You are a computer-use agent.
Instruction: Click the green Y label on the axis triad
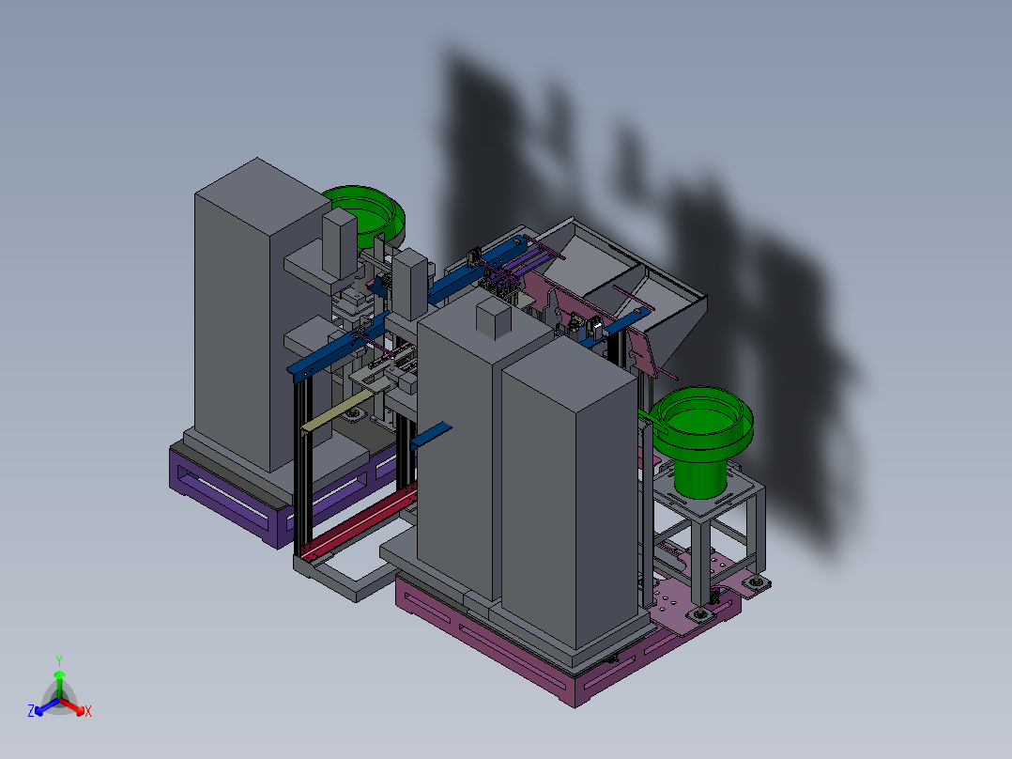coord(59,660)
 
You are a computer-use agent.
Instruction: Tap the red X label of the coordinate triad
coord(88,711)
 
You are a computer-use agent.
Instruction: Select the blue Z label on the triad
coord(31,710)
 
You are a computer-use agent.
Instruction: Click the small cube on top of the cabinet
coord(494,318)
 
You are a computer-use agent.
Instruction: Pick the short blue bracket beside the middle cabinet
coord(431,435)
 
